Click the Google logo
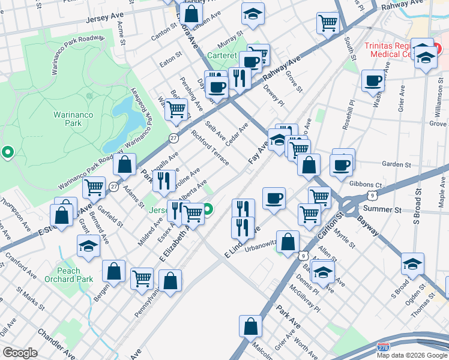coord(20,352)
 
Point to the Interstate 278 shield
coord(383,347)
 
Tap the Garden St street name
coord(396,164)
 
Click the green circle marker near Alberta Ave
coord(208,210)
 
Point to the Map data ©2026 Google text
coord(412,355)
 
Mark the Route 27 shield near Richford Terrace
coord(173,138)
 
